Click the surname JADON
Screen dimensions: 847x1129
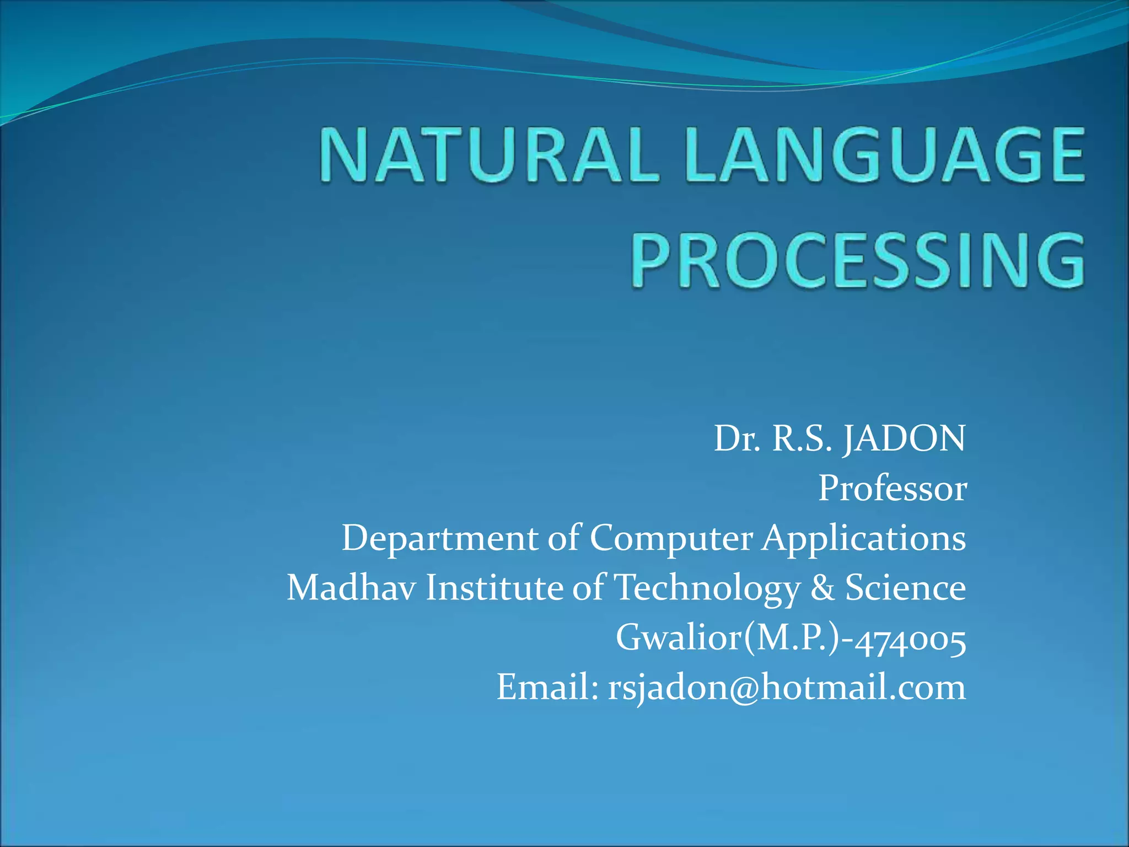point(904,439)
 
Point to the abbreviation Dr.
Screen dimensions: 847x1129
point(736,439)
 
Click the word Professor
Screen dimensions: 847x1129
point(892,489)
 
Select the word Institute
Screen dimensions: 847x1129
point(494,587)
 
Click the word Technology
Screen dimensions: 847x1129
point(707,588)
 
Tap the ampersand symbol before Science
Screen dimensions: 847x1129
point(822,588)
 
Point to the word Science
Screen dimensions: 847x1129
point(905,587)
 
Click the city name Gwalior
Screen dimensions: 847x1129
point(679,637)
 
